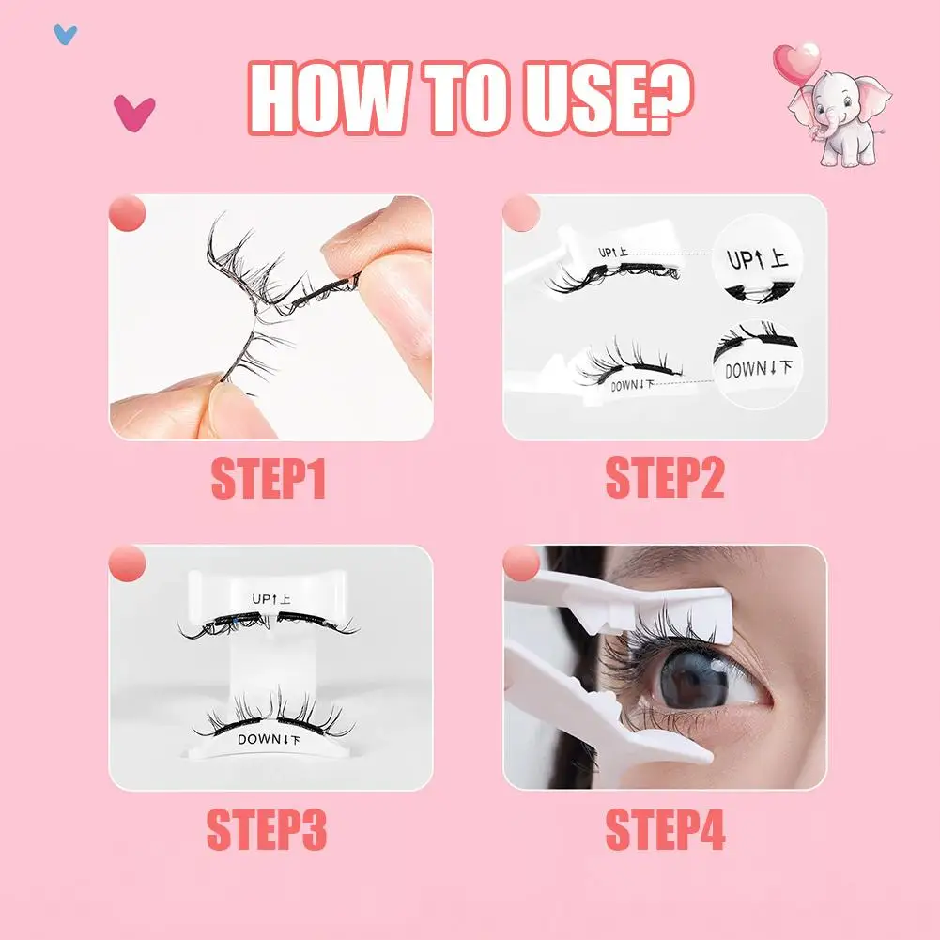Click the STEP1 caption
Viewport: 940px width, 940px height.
[269, 479]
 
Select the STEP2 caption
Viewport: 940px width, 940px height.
[665, 479]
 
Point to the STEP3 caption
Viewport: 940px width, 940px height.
[267, 830]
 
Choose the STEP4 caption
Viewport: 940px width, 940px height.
[665, 830]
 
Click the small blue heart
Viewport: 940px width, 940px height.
[65, 35]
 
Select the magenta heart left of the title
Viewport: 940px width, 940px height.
[133, 113]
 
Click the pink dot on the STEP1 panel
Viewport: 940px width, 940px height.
[128, 213]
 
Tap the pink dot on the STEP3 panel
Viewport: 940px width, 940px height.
[128, 564]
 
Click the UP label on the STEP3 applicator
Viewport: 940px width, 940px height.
[273, 598]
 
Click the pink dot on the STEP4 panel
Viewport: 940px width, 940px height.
[522, 564]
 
